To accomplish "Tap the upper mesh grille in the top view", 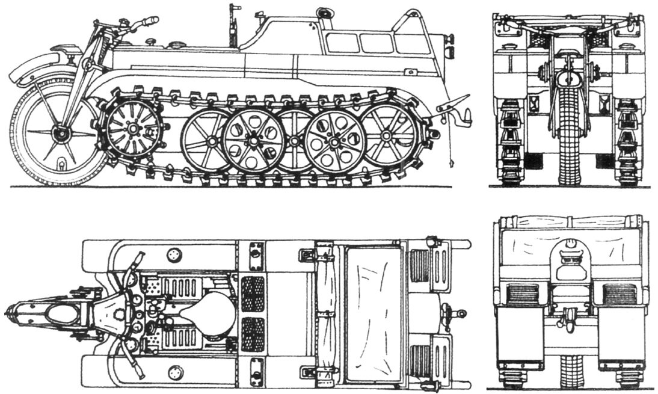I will coord(253,292).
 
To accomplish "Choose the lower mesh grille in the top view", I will coord(253,334).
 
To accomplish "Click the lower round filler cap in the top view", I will coord(176,372).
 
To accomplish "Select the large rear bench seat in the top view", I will coord(374,313).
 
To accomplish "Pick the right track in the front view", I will coord(628,144).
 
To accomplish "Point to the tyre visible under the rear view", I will coord(570,370).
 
